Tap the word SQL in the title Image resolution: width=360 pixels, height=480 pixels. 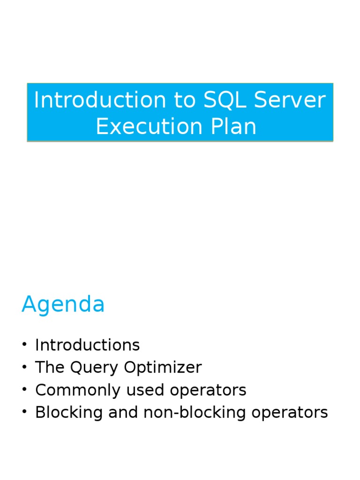coord(221,100)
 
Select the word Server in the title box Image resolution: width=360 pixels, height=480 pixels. coord(290,100)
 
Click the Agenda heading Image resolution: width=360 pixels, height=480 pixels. coord(63,305)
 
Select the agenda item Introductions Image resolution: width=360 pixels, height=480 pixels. coord(87,345)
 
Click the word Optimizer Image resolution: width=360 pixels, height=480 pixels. coord(163,367)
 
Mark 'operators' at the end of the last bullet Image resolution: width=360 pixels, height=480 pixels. coord(290,412)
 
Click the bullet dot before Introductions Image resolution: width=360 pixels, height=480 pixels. coord(24,345)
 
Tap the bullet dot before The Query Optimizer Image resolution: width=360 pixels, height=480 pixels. coord(24,368)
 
